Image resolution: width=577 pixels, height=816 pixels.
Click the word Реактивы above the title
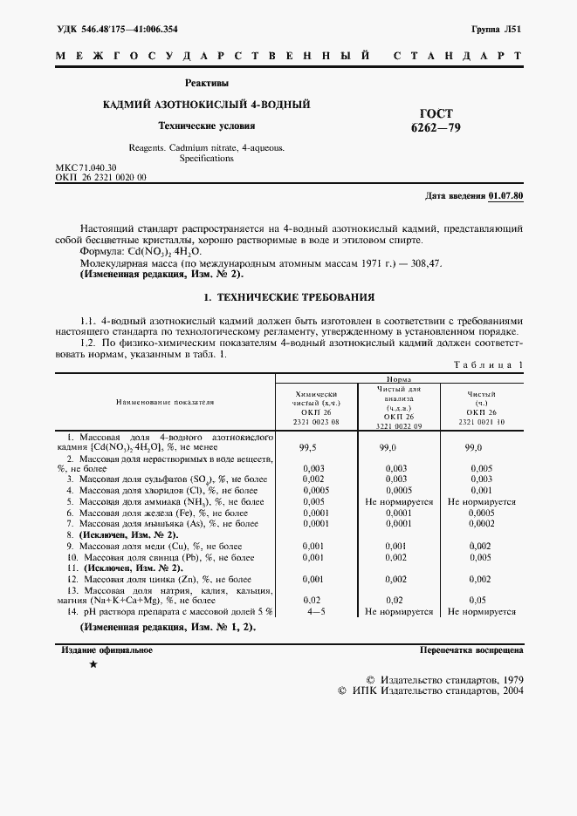pyautogui.click(x=207, y=84)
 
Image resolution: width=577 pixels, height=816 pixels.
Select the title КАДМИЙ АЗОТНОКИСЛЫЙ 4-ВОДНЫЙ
pyautogui.click(x=207, y=105)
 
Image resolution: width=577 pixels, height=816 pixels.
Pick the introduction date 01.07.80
pyautogui.click(x=506, y=196)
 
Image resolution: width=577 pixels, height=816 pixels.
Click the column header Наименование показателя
pyautogui.click(x=166, y=402)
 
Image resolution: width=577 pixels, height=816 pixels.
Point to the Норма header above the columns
pyautogui.click(x=400, y=380)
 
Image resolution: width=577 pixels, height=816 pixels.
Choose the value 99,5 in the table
pyautogui.click(x=307, y=445)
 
